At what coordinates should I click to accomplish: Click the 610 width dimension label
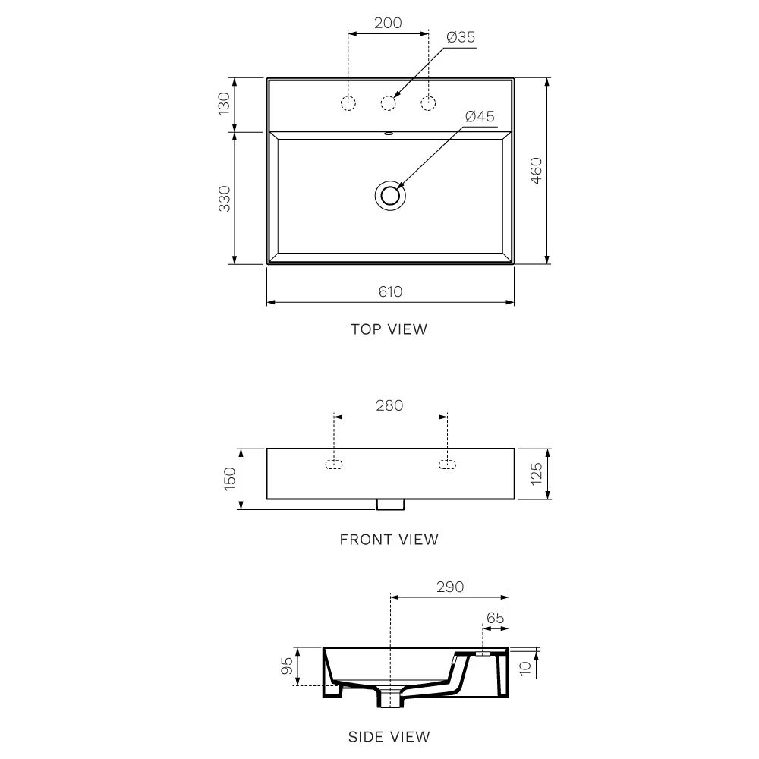click(x=390, y=291)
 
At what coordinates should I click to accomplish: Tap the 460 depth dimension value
click(x=537, y=171)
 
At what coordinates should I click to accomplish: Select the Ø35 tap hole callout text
click(x=461, y=36)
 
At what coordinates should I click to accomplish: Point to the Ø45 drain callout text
click(x=480, y=116)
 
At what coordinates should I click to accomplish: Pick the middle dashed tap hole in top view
click(x=388, y=103)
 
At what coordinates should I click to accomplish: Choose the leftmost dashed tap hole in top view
click(x=348, y=103)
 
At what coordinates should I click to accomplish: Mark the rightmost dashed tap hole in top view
click(x=428, y=103)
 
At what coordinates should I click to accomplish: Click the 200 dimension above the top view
click(x=388, y=23)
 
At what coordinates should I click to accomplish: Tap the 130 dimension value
click(x=224, y=104)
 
